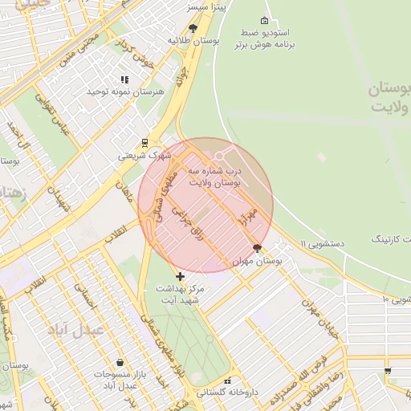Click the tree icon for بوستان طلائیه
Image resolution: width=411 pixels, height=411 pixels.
192,27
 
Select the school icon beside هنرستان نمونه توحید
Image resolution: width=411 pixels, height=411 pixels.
124,79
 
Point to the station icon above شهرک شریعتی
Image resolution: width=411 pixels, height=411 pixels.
144,142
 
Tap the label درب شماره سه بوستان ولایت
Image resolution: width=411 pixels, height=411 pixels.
214,177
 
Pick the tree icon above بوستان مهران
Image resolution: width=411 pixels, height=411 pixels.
257,248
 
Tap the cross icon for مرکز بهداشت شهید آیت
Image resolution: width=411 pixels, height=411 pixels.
180,276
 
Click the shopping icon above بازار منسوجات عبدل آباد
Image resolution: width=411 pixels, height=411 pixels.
120,362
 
